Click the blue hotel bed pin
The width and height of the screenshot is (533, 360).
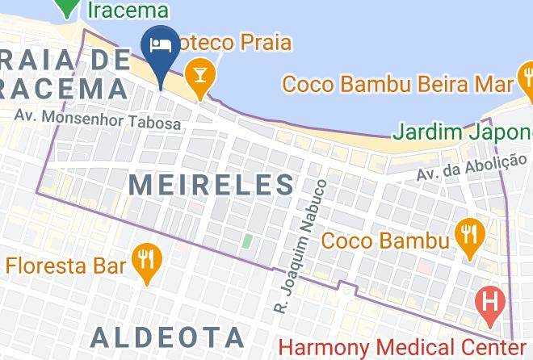pyautogui.click(x=160, y=45)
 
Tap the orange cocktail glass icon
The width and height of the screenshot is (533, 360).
pyautogui.click(x=197, y=76)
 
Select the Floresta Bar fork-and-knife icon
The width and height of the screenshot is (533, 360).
pyautogui.click(x=147, y=259)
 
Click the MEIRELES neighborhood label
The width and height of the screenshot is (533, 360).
pyautogui.click(x=212, y=185)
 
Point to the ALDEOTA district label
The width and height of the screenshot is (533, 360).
pyautogui.click(x=167, y=337)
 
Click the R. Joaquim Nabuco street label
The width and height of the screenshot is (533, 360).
pyautogui.click(x=300, y=246)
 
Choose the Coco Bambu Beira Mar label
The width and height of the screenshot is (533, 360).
pyautogui.click(x=398, y=84)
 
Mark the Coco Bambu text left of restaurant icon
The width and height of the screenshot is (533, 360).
pyautogui.click(x=385, y=241)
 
